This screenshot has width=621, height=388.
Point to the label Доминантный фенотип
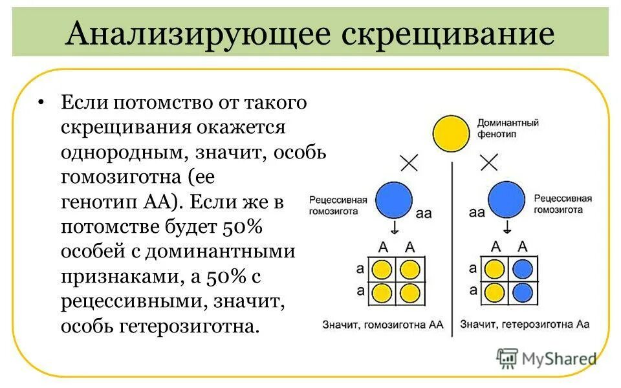(499, 127)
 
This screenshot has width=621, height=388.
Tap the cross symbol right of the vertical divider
(489, 162)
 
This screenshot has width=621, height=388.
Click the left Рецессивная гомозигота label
(338, 205)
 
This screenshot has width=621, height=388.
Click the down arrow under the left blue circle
(394, 227)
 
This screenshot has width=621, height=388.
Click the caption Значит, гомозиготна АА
(382, 325)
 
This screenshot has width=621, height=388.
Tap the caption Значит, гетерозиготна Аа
(525, 325)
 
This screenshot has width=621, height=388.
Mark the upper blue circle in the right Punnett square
(523, 269)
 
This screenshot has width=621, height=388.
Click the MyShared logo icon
(507, 358)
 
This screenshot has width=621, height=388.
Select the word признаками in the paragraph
(111, 276)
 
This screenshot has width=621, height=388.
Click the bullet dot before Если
(42, 103)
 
